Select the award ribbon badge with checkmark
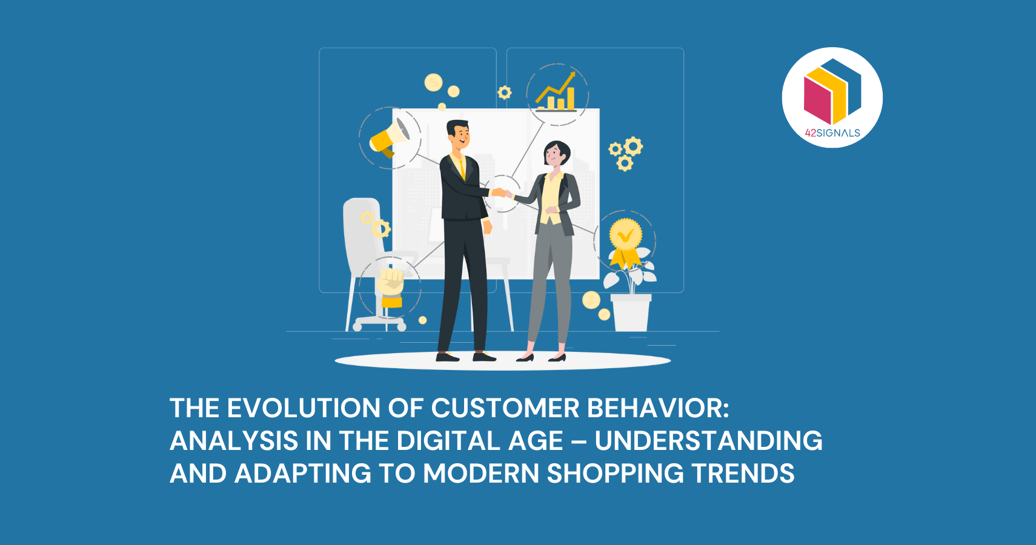pyautogui.click(x=625, y=239)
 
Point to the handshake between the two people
pyautogui.click(x=500, y=193)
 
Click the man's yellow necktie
pyautogui.click(x=462, y=167)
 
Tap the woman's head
pyautogui.click(x=556, y=154)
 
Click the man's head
pyautogui.click(x=459, y=134)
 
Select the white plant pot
pyautogui.click(x=631, y=312)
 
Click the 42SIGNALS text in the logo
pyautogui.click(x=832, y=133)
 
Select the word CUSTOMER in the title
pyautogui.click(x=505, y=408)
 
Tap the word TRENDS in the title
pyautogui.click(x=743, y=474)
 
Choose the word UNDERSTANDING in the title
pyautogui.click(x=708, y=441)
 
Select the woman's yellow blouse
pyautogui.click(x=550, y=197)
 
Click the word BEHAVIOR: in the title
pyautogui.click(x=659, y=408)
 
